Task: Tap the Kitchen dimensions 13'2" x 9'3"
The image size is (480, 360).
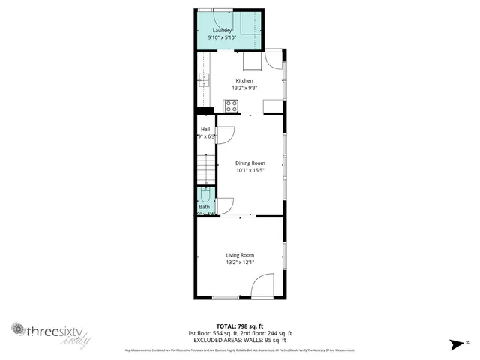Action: (x=244, y=88)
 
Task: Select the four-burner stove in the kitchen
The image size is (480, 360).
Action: (x=234, y=105)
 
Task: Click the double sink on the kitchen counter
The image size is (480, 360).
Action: (x=203, y=80)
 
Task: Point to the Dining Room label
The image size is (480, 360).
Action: (x=250, y=163)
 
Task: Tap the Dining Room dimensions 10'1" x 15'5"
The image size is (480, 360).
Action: (x=250, y=170)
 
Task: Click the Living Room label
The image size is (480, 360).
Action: (x=241, y=255)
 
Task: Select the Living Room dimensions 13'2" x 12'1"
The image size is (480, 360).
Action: (x=241, y=262)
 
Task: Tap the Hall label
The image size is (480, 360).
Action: (x=205, y=130)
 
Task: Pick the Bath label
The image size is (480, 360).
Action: (x=205, y=207)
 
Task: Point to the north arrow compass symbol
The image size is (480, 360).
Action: (x=457, y=344)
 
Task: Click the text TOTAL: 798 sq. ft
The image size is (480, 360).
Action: (x=239, y=326)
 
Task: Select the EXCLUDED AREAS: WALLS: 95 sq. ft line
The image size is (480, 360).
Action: (x=239, y=339)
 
